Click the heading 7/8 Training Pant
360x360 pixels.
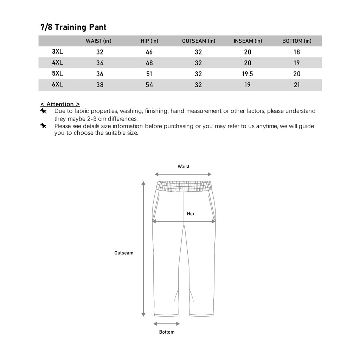click(73, 27)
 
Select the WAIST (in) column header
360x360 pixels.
click(98, 41)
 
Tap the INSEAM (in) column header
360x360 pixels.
click(248, 41)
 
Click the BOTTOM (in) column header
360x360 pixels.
click(297, 41)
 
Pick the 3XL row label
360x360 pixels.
click(57, 52)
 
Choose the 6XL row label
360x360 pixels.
click(57, 84)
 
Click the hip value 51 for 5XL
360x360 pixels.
click(149, 74)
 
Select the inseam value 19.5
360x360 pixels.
click(248, 74)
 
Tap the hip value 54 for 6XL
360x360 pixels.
click(149, 85)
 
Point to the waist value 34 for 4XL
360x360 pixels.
click(100, 63)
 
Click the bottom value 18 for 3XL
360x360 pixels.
click(297, 52)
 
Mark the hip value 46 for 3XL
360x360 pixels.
click(149, 52)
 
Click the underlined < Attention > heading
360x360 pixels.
click(60, 104)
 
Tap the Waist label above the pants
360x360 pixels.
click(184, 167)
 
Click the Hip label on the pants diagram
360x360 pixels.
click(190, 214)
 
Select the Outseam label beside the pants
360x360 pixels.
click(124, 253)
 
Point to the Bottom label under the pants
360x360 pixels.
click(167, 332)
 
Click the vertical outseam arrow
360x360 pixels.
click(143, 250)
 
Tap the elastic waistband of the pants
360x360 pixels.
click(184, 186)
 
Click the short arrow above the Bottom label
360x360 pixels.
click(167, 324)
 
